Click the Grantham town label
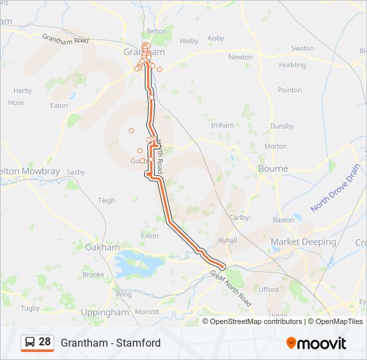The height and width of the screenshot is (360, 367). pyautogui.click(x=145, y=51)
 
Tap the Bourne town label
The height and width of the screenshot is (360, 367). pyautogui.click(x=272, y=169)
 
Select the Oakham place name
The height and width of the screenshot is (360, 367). pyautogui.click(x=102, y=247)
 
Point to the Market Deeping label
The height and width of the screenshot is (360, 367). pyautogui.click(x=304, y=241)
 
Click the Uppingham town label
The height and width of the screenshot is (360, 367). pyautogui.click(x=104, y=312)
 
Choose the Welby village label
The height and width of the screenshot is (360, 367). pyautogui.click(x=189, y=41)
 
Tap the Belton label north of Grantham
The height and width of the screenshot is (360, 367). pyautogui.click(x=156, y=31)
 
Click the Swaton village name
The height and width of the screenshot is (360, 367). pyautogui.click(x=302, y=49)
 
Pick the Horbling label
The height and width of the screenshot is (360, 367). pyautogui.click(x=292, y=65)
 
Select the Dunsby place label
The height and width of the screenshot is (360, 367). pyautogui.click(x=282, y=126)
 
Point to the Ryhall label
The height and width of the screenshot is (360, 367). pyautogui.click(x=228, y=240)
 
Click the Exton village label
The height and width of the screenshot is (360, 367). pyautogui.click(x=149, y=236)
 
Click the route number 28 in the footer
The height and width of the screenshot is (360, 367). pyautogui.click(x=45, y=342)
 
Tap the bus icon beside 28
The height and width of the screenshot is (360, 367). pyautogui.click(x=30, y=343)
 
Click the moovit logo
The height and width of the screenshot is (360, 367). pyautogui.click(x=316, y=343)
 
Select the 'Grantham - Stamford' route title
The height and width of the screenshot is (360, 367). pyautogui.click(x=111, y=343)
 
